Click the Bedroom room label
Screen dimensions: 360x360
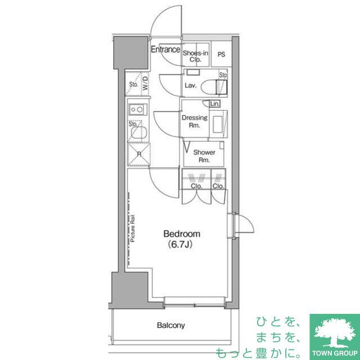click(182, 234)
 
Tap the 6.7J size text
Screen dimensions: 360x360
click(180, 245)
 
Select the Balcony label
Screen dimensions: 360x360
click(171, 325)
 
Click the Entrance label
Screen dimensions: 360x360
click(165, 49)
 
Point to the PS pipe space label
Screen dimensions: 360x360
click(221, 55)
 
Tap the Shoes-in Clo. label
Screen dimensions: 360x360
click(195, 56)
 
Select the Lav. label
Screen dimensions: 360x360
click(191, 85)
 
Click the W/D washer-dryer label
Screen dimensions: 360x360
click(145, 83)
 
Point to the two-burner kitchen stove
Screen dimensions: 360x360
click(138, 110)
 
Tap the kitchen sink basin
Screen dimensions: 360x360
click(138, 133)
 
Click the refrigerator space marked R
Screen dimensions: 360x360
click(139, 154)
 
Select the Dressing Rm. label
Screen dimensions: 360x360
click(195, 121)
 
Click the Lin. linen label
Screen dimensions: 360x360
click(215, 104)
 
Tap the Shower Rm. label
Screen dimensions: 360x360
click(204, 156)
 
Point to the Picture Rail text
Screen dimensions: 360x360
click(133, 228)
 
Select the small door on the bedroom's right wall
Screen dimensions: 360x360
click(244, 223)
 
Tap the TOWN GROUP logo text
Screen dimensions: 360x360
click(335, 353)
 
